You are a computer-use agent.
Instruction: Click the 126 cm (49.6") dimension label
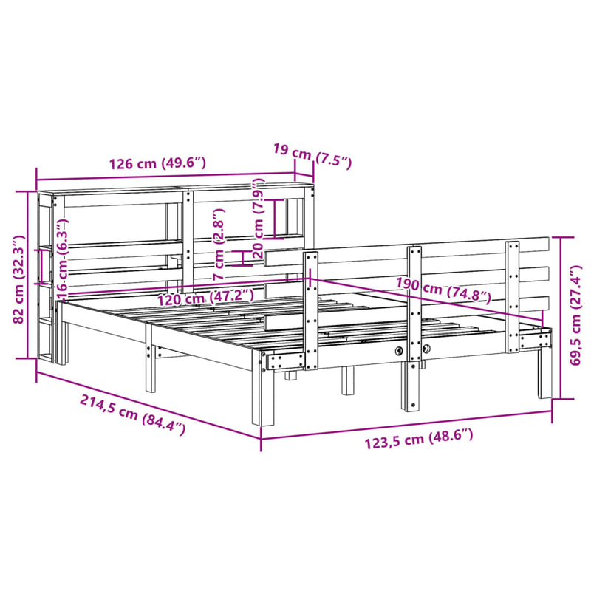coord(157,163)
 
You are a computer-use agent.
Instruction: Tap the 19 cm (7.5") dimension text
coord(312,155)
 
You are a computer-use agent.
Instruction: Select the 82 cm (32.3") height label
coord(18,279)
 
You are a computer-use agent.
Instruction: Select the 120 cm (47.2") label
coord(205,298)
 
